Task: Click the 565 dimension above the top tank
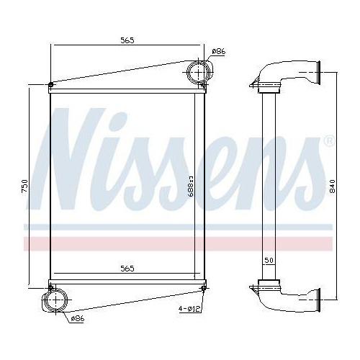point(127,40)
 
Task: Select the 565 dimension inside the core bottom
point(127,269)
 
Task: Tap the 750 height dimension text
point(24,186)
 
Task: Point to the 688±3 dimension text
point(191,186)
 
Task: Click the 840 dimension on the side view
point(331,186)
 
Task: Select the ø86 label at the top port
point(219,50)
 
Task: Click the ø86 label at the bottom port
point(76,318)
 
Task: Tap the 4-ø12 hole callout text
point(189,310)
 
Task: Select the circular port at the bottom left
point(55,300)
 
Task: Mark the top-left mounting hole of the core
point(50,88)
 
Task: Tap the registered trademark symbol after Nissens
point(329,140)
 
